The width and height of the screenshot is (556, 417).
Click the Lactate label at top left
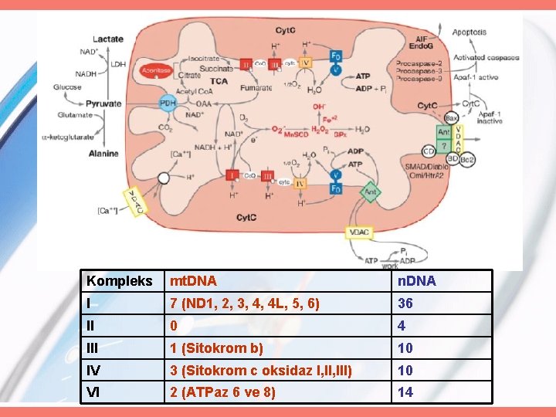107,39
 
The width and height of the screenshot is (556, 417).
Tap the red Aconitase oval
155,71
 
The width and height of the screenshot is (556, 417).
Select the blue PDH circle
168,103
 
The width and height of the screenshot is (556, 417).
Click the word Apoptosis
469,32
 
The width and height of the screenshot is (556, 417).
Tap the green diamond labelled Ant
371,188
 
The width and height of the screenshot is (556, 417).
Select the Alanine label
103,153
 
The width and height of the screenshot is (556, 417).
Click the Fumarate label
256,88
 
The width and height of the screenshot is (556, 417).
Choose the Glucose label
68,87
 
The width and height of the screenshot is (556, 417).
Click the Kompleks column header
120,281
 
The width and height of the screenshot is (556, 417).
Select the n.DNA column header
417,281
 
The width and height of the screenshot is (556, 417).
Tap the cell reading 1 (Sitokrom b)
217,348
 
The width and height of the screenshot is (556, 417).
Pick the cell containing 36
405,303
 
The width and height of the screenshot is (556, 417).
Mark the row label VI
94,392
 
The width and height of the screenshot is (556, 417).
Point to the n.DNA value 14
405,392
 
